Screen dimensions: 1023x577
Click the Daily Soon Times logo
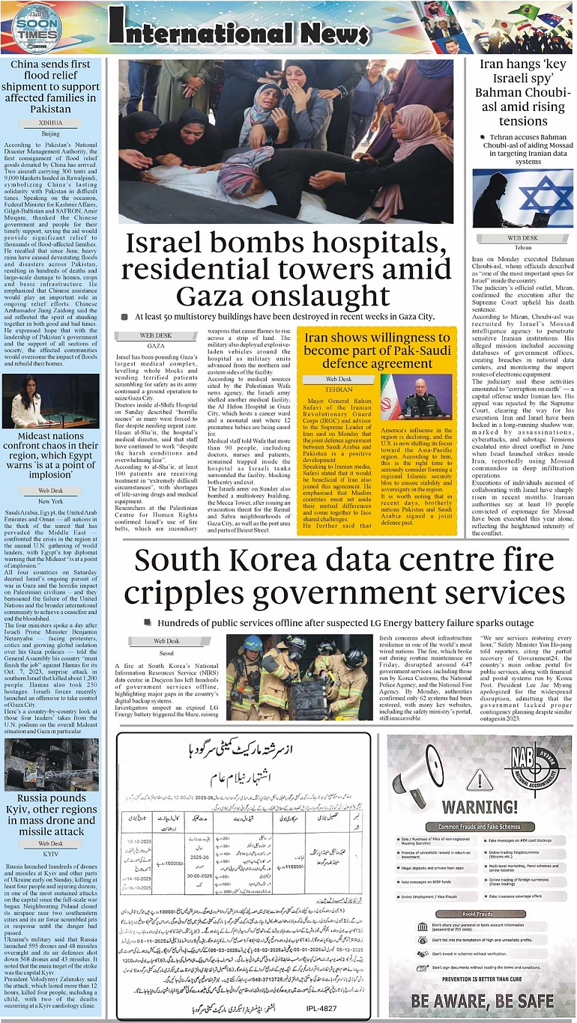click(36, 29)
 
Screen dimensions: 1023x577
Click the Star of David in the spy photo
click(546, 199)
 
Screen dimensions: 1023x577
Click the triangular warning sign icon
click(479, 779)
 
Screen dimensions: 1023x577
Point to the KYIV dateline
click(50, 853)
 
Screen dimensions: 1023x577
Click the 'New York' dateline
click(50, 501)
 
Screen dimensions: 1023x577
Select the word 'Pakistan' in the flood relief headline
click(51, 109)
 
